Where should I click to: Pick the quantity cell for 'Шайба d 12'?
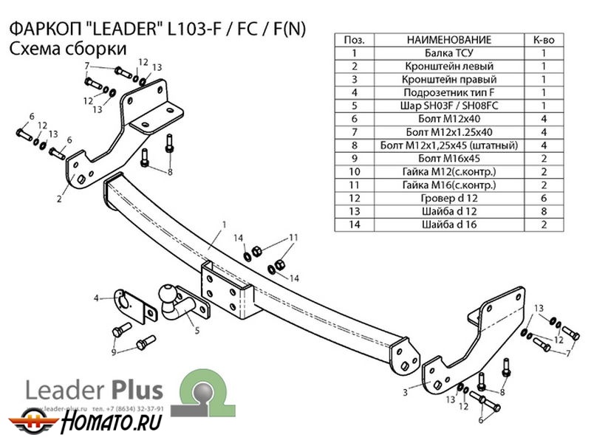click(x=543, y=211)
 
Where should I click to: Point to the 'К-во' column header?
click(x=543, y=40)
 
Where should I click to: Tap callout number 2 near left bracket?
click(x=58, y=199)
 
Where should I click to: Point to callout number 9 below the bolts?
click(x=114, y=353)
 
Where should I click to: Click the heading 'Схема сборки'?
click(x=66, y=48)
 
